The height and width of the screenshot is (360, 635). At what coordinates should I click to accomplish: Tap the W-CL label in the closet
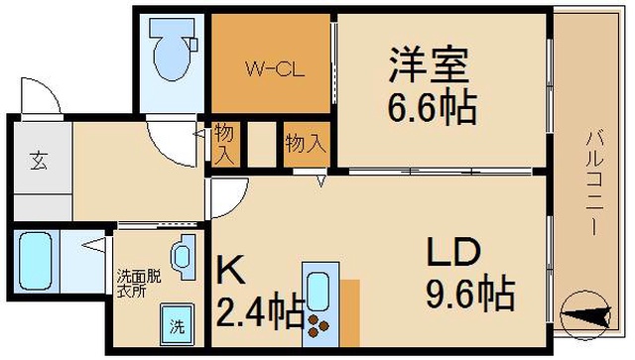275,69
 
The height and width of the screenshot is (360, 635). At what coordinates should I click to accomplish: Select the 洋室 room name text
429,64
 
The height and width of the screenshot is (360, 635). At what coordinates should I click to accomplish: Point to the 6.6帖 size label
433,108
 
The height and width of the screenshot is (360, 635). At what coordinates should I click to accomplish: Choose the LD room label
452,252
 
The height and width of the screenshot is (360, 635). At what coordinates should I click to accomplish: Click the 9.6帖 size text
469,294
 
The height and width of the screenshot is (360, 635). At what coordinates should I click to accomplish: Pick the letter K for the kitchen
231,269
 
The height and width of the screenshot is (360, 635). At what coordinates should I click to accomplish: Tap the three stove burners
318,325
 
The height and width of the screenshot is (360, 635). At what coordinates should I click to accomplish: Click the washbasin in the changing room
184,257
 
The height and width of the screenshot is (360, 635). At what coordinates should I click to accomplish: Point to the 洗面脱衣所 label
139,285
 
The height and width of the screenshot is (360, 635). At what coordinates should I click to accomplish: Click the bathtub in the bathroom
36,261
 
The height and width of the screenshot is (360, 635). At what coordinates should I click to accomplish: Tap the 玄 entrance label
39,160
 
